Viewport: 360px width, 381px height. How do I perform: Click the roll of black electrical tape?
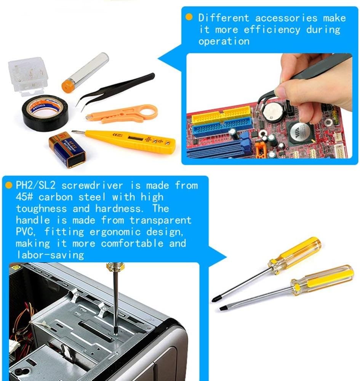[45, 113]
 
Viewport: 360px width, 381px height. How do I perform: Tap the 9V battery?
[67, 150]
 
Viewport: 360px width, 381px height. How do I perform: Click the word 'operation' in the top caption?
[224, 41]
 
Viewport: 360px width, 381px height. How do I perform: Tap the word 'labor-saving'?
[50, 255]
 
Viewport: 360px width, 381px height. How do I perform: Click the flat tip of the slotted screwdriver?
[222, 308]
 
